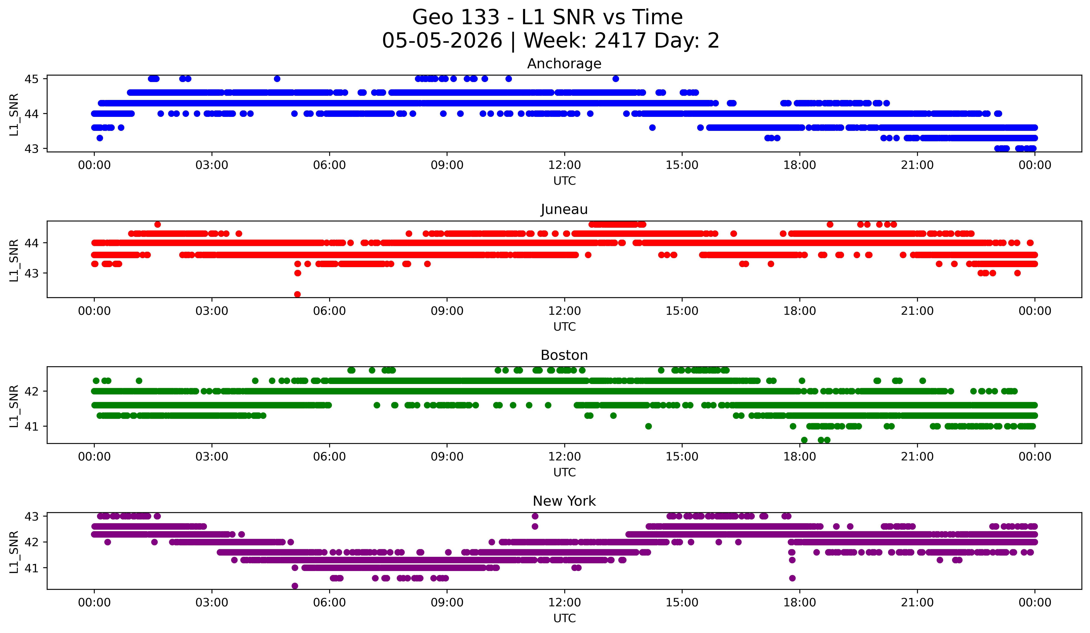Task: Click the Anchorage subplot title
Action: click(x=564, y=64)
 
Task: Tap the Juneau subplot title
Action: click(x=564, y=209)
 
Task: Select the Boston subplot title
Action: click(x=564, y=355)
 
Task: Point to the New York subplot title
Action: click(x=564, y=501)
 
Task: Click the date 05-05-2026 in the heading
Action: click(x=442, y=41)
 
